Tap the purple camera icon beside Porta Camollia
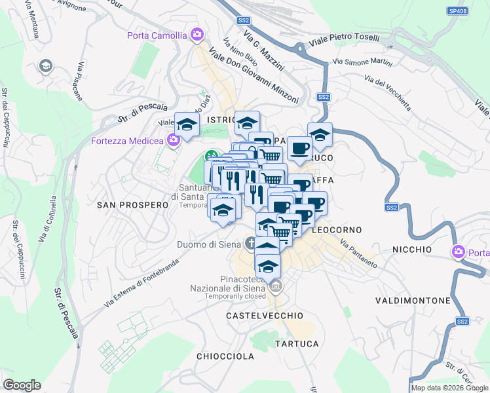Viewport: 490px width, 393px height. point(197,34)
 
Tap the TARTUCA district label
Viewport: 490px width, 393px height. point(297,344)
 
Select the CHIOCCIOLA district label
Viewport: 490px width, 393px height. point(225,356)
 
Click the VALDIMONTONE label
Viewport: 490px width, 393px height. point(413,301)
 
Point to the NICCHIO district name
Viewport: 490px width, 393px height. point(412,250)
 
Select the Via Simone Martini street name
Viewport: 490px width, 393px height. point(362,63)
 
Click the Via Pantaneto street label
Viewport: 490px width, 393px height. point(358,253)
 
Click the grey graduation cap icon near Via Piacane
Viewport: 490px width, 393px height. point(46,65)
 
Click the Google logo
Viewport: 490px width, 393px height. point(22,384)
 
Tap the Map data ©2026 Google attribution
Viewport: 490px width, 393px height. point(449,388)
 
